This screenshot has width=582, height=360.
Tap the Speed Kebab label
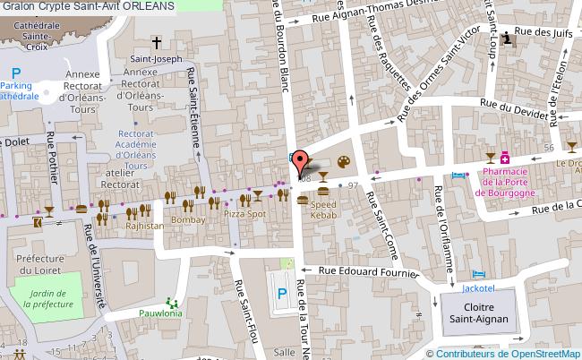tap(322, 210)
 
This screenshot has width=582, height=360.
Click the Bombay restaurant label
tap(188, 219)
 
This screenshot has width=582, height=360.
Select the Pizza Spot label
tap(244, 215)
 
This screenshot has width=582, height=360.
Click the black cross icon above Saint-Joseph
tap(156, 42)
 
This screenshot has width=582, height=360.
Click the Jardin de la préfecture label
tap(47, 298)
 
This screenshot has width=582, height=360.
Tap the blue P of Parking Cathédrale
tap(15, 74)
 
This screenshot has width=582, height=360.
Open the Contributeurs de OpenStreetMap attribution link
tap(509, 353)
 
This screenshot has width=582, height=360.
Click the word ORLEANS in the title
tap(148, 6)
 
